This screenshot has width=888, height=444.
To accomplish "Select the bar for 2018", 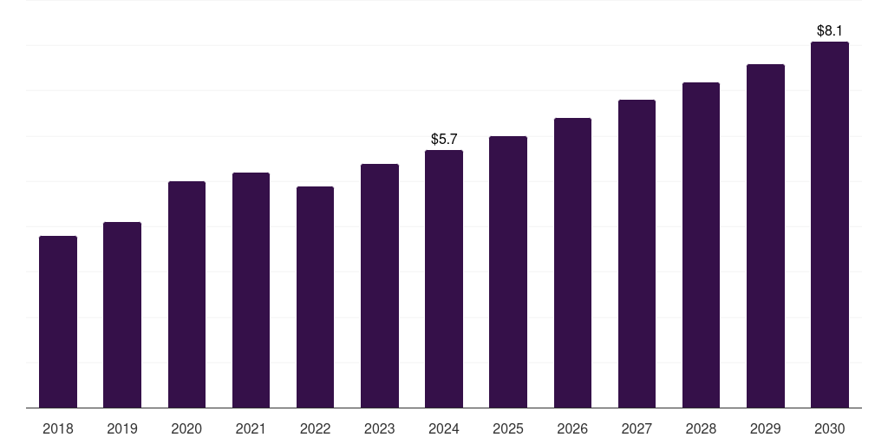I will pyautogui.click(x=58, y=322).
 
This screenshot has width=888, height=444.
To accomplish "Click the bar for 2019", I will pyautogui.click(x=122, y=315).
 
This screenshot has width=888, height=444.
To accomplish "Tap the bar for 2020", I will pyautogui.click(x=186, y=295).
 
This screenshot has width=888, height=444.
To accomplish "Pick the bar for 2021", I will pyautogui.click(x=251, y=291).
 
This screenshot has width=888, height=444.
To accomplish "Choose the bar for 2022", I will pyautogui.click(x=315, y=297).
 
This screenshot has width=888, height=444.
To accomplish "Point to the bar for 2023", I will pyautogui.click(x=380, y=286).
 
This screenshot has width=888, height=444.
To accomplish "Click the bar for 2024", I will pyautogui.click(x=444, y=279).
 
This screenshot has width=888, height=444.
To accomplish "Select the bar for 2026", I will pyautogui.click(x=572, y=263).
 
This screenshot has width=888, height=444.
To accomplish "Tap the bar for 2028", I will pyautogui.click(x=701, y=245).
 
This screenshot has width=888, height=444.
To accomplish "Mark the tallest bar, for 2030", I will pyautogui.click(x=830, y=225).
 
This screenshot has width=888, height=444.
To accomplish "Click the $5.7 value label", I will pyautogui.click(x=444, y=139).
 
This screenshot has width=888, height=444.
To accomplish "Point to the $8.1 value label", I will pyautogui.click(x=830, y=30).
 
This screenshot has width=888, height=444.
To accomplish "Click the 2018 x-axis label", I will pyautogui.click(x=58, y=428).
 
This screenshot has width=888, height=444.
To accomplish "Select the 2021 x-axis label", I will pyautogui.click(x=251, y=428).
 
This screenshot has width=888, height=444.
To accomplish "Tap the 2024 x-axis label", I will pyautogui.click(x=444, y=428).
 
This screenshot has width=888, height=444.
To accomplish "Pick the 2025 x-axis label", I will pyautogui.click(x=508, y=428).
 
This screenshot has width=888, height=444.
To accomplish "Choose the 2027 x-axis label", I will pyautogui.click(x=637, y=428).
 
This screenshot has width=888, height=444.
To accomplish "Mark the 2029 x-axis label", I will pyautogui.click(x=766, y=428).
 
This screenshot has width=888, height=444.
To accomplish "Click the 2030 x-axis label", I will pyautogui.click(x=830, y=428).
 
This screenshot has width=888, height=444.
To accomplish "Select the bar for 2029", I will pyautogui.click(x=766, y=236).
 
